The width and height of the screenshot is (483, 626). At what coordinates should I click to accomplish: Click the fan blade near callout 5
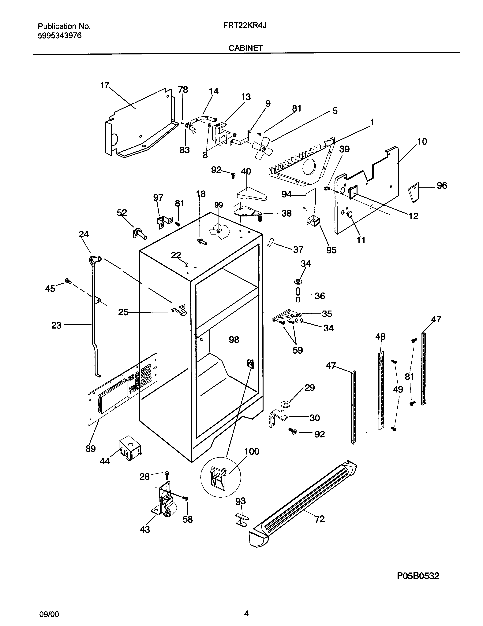(x=261, y=148)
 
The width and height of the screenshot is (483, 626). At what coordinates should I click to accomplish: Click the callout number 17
(x=104, y=85)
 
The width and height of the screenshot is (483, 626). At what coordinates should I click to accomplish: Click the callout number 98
(x=234, y=340)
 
